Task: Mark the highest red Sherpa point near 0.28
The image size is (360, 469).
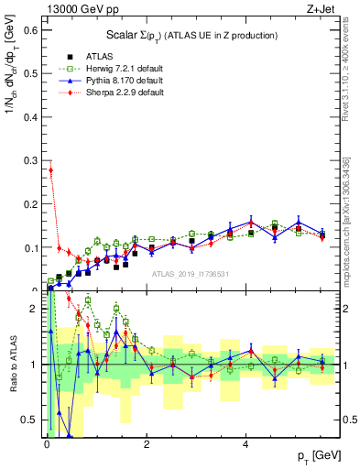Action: point(51,169)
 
